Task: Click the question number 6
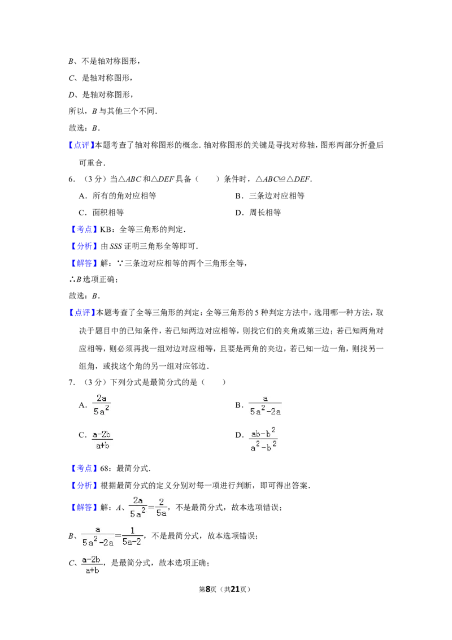(x=71, y=179)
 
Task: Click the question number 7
(x=71, y=382)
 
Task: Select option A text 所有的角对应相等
(x=124, y=196)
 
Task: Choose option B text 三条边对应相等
(x=277, y=196)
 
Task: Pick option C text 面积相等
(x=108, y=213)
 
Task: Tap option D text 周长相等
(x=265, y=213)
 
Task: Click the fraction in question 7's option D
(x=263, y=439)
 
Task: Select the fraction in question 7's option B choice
(x=265, y=406)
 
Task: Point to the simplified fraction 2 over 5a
(x=161, y=507)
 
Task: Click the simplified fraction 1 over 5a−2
(x=132, y=537)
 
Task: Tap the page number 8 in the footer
(x=208, y=589)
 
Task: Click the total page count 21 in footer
(x=235, y=589)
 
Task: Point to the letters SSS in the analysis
(x=116, y=247)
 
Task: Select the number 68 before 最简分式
(x=104, y=469)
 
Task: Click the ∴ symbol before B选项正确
(x=72, y=280)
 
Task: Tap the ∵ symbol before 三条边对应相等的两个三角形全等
(x=120, y=263)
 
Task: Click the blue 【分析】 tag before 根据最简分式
(x=83, y=485)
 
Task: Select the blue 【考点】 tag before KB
(x=83, y=230)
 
